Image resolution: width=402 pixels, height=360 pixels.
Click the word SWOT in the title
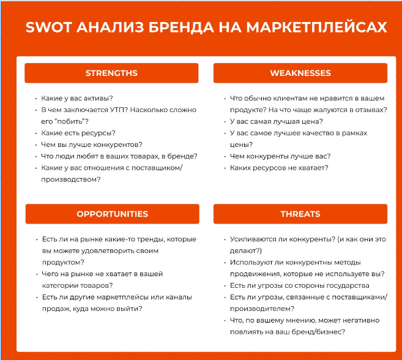pos(48,27)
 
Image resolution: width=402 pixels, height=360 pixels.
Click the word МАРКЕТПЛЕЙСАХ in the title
pos(316,27)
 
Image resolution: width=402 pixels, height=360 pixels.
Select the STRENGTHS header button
pos(111,73)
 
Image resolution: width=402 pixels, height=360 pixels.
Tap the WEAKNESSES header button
pos(300,73)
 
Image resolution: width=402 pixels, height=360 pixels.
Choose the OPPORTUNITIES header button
pos(113,214)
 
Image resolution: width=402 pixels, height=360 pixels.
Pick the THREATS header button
pos(300,214)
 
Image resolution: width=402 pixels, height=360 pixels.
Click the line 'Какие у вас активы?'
pos(77,99)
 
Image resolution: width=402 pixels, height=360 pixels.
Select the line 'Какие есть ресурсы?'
pos(78,133)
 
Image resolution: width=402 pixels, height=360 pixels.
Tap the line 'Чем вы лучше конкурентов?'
pos(92,144)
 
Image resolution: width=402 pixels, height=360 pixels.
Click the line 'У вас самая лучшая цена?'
pos(277,122)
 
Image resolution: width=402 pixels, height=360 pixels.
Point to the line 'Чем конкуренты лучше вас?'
pos(280,156)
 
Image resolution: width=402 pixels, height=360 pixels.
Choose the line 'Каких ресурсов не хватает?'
pos(279,168)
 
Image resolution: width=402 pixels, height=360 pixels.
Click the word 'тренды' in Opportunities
pos(151,239)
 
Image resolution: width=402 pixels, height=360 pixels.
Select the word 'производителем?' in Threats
pos(262,309)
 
